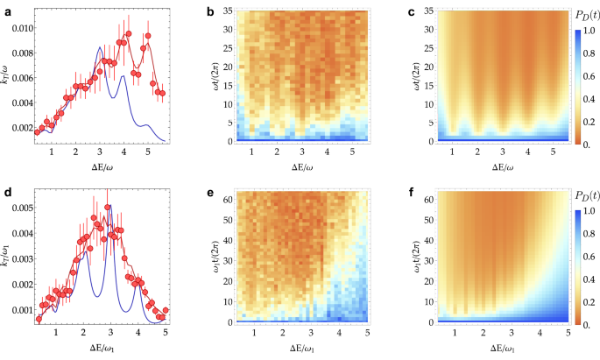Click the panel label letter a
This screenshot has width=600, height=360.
click(5, 10)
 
